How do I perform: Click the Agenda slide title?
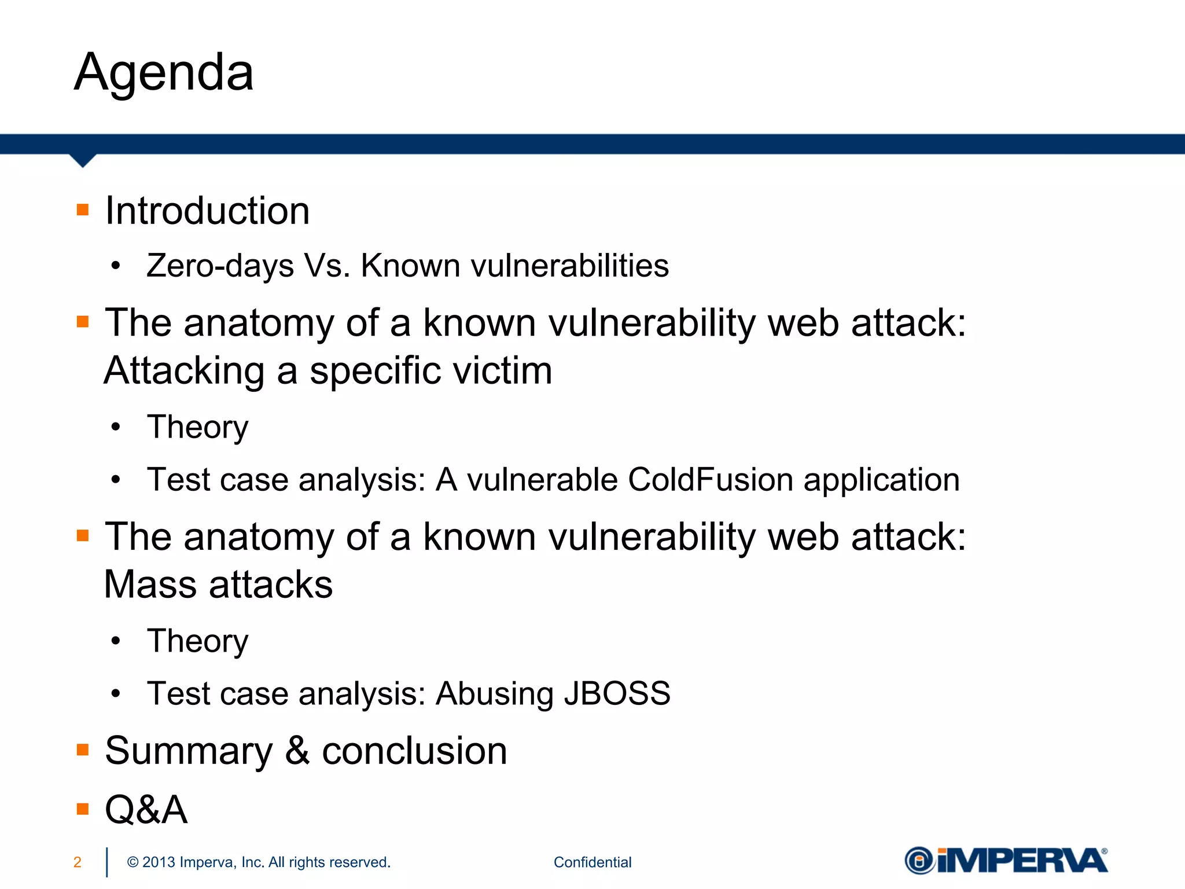coord(164,73)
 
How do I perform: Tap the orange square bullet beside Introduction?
coord(83,210)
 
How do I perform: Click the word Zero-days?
coord(220,266)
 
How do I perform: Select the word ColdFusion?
coord(710,480)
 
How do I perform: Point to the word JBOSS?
coord(617,693)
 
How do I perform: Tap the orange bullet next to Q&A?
coord(83,809)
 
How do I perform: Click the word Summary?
coord(189,751)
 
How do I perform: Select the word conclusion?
coord(414,751)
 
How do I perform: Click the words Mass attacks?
coord(218,585)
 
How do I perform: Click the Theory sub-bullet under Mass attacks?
coord(197,641)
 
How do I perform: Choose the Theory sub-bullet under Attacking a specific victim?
coord(197,427)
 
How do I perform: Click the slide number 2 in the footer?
coord(78,862)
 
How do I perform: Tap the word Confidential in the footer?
coord(592,862)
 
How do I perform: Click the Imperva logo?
coord(1006,861)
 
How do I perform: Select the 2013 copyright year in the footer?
coord(159,862)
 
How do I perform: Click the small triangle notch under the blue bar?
coord(83,160)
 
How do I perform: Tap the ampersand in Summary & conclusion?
coord(297,751)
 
